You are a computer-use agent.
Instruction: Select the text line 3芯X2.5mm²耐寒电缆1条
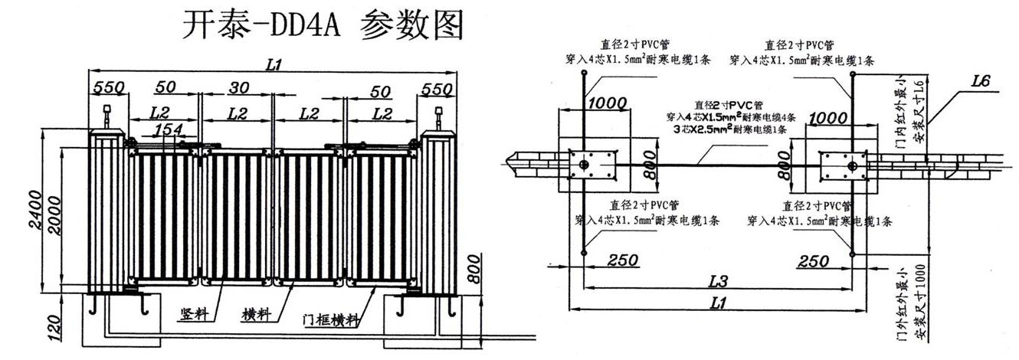pyautogui.click(x=719, y=130)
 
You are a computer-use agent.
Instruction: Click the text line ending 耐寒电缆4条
pyautogui.click(x=719, y=118)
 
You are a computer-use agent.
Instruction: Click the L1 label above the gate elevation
pyautogui.click(x=274, y=66)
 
